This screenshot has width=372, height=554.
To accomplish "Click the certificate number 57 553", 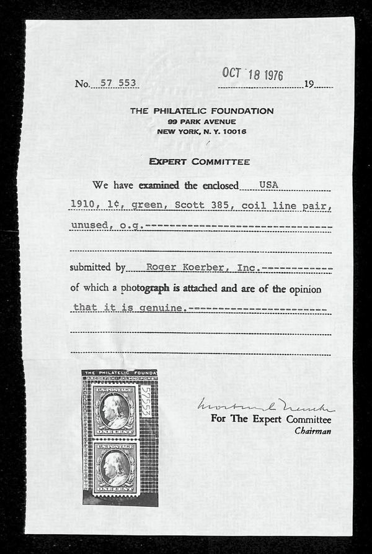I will point(117,83).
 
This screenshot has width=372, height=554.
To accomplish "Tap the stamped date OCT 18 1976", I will point(252,75).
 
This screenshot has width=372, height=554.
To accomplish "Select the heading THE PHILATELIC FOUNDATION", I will point(201,111).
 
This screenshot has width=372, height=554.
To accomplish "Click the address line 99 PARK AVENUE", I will point(201,122).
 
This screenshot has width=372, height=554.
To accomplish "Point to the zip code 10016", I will point(234,132).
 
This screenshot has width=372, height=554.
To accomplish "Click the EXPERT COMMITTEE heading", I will point(199,162).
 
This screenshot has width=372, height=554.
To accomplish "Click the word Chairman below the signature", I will point(312,430).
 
